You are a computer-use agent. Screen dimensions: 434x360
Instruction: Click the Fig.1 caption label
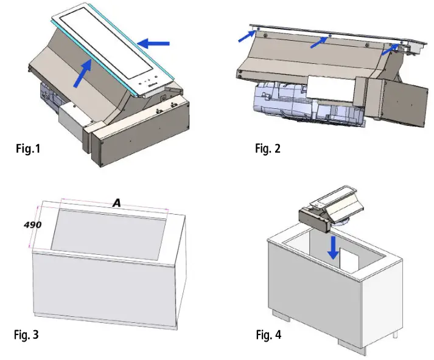[x=28, y=148]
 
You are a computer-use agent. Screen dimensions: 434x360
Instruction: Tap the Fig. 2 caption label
[x=268, y=148]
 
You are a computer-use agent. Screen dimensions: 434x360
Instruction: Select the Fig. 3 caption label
[x=26, y=334]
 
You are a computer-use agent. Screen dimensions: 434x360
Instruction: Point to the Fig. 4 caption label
[x=268, y=334]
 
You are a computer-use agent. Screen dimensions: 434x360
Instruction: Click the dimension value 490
[x=33, y=225]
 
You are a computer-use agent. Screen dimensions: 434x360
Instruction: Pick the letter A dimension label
[x=117, y=203]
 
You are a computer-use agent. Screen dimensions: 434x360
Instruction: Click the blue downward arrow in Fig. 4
[x=333, y=247]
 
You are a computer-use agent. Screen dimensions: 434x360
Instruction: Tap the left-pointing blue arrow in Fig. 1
[x=153, y=43]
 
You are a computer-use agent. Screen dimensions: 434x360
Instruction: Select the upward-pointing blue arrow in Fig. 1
[x=83, y=73]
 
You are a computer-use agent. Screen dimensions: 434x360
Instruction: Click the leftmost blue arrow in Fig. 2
[x=247, y=36]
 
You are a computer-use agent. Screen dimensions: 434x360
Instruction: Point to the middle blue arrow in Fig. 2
[x=319, y=43]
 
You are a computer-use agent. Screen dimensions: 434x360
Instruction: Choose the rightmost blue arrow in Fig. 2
[x=391, y=49]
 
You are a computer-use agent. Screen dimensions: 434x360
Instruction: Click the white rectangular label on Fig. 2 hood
[x=331, y=88]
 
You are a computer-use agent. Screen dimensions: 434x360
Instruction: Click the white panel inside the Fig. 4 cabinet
[x=349, y=259]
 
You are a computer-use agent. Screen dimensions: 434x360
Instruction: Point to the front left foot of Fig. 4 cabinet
[x=281, y=315]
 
